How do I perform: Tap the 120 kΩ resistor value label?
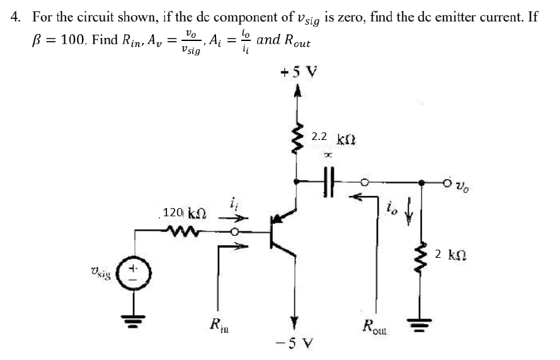[184, 212]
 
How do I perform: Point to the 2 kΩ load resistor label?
[449, 255]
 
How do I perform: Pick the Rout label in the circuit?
[376, 327]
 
